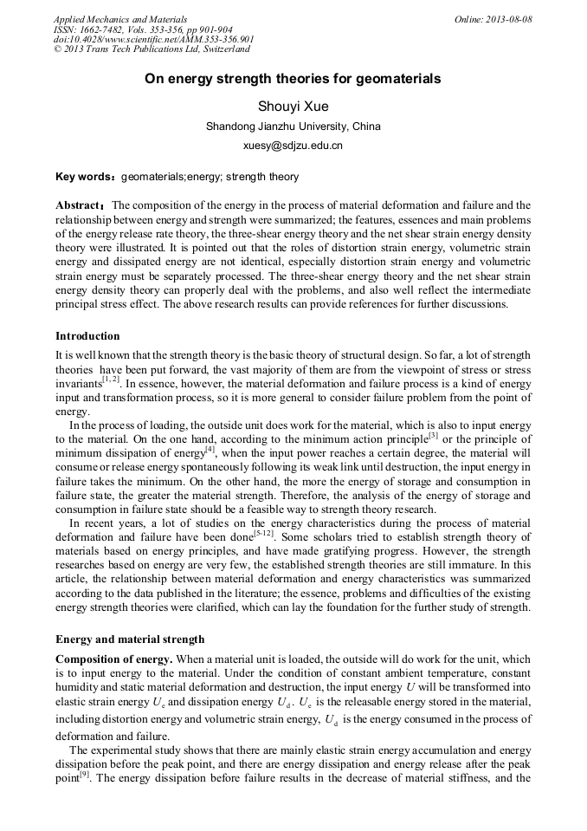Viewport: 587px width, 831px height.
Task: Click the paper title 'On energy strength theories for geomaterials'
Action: pos(293,79)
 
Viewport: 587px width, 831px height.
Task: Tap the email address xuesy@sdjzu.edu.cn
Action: pos(293,146)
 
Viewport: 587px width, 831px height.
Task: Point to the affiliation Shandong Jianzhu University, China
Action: pos(293,127)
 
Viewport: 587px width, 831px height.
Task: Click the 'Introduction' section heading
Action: pos(87,335)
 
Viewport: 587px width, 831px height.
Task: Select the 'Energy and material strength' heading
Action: pos(130,639)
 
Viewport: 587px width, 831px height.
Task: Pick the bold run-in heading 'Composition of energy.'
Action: pos(113,659)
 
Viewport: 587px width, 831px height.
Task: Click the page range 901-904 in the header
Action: pos(229,29)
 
